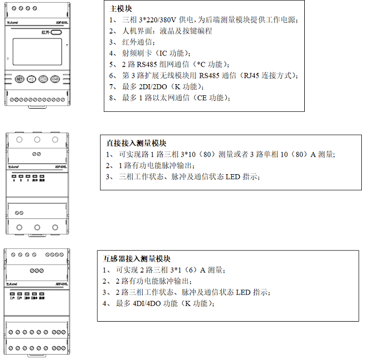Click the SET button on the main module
tap(20, 79)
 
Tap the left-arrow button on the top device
tap(31, 79)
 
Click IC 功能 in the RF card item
tap(167, 53)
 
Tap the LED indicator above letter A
tap(14, 175)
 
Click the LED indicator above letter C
tap(27, 175)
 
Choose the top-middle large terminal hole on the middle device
tap(37, 140)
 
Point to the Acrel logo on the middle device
tap(15, 166)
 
